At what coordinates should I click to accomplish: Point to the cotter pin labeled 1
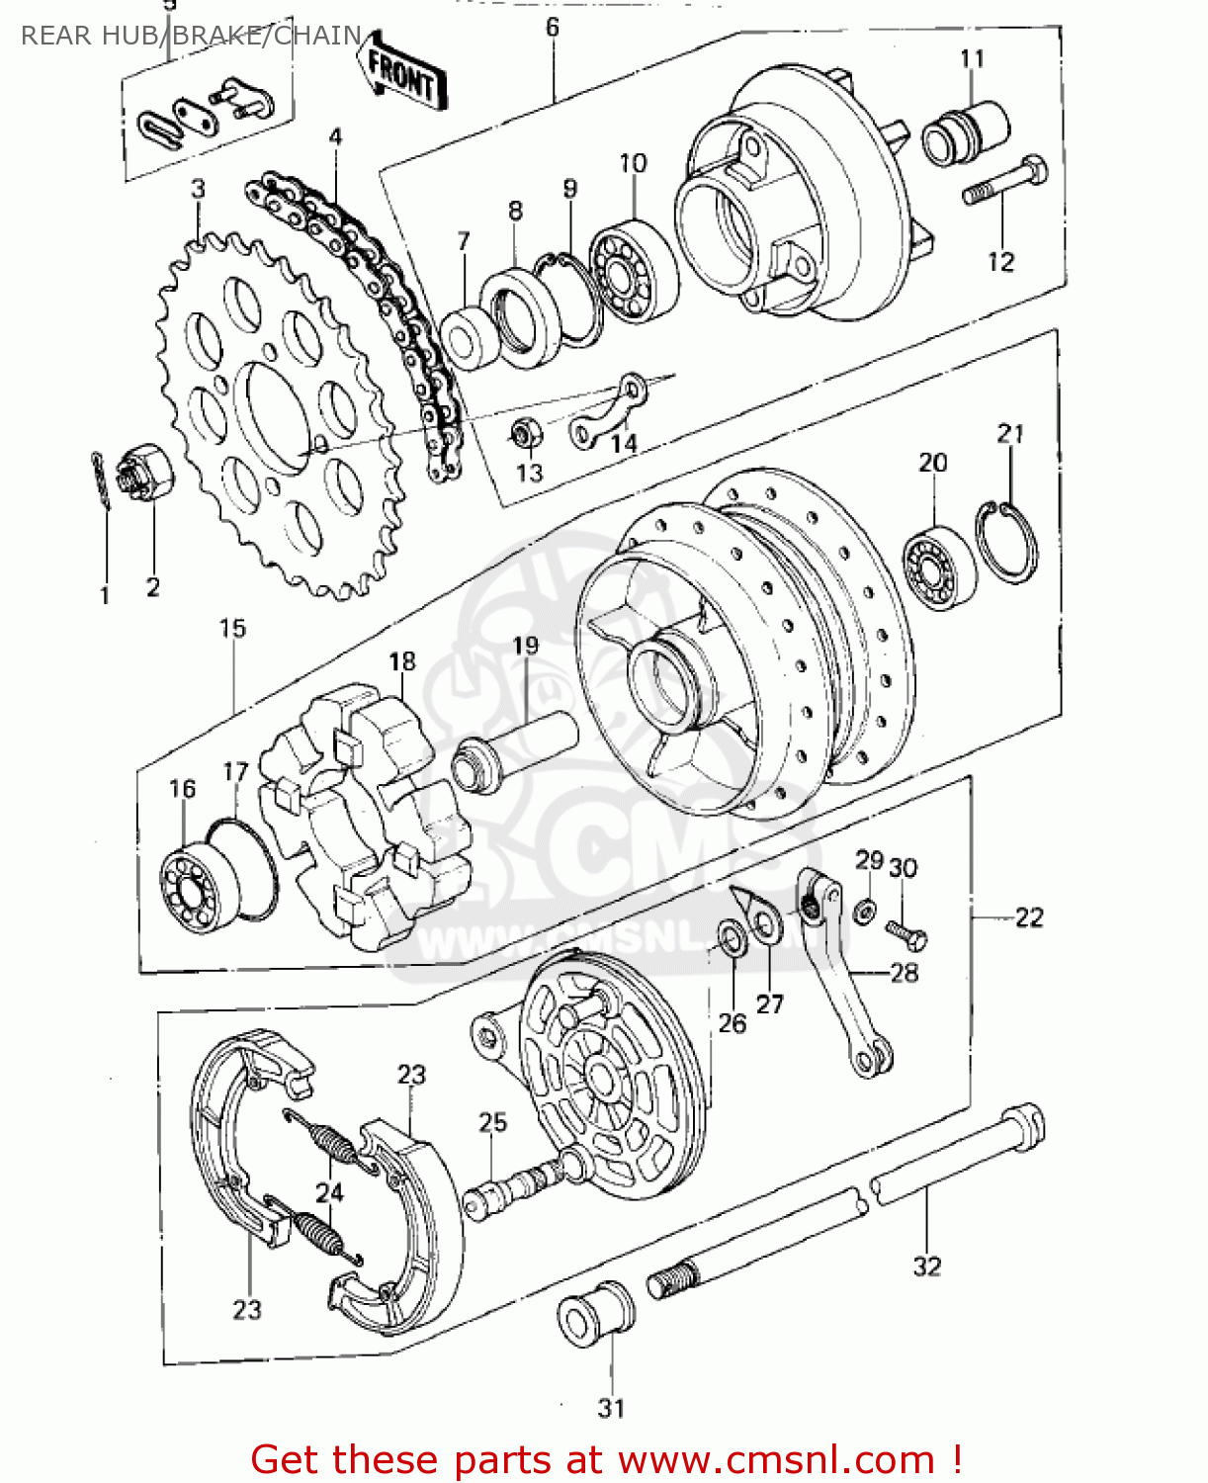click(x=101, y=480)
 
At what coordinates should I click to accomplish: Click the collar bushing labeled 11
click(x=965, y=132)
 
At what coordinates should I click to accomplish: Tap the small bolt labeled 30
click(x=906, y=932)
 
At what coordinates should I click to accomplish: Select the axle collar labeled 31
click(x=595, y=1315)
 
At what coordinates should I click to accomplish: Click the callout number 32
click(x=926, y=1266)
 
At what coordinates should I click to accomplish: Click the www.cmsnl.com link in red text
click(x=777, y=1459)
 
